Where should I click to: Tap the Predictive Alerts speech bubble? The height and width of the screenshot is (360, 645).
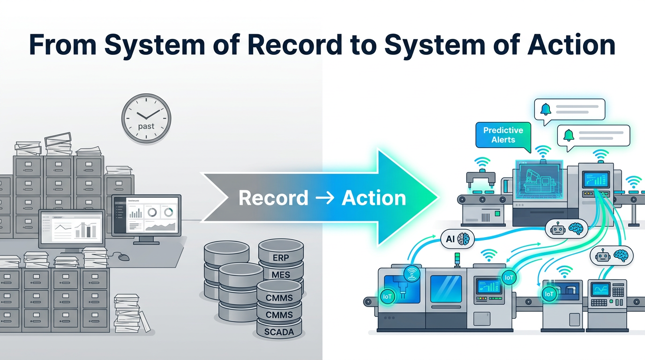[x=502, y=135]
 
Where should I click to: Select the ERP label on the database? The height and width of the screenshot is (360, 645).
[x=281, y=258]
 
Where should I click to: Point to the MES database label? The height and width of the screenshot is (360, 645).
[x=281, y=275]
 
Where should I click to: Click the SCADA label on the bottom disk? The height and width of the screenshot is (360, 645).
[x=279, y=332]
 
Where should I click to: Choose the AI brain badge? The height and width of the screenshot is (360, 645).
[x=457, y=239]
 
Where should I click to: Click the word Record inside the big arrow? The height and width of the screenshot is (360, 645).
[x=273, y=198]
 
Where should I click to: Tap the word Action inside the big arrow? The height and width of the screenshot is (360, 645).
[x=374, y=198]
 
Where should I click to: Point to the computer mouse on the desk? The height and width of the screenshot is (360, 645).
[x=124, y=257]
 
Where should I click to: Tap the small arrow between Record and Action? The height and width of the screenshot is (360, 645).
[x=324, y=198]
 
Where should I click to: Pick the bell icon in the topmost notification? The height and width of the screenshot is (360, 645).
[x=546, y=109]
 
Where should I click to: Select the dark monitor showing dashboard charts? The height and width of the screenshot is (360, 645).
[x=146, y=214]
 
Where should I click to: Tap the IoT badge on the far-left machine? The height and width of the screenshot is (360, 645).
[x=387, y=296]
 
